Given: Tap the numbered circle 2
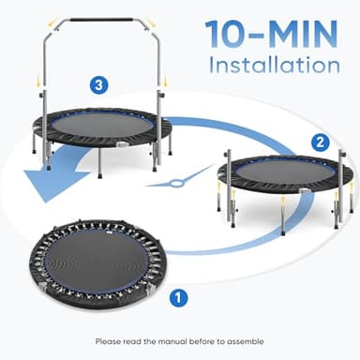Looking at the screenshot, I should coord(320,142).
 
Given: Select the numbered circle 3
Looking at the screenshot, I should coord(97,85).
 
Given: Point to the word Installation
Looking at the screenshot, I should coord(273,66).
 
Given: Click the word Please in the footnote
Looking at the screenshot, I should coord(109,339).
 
